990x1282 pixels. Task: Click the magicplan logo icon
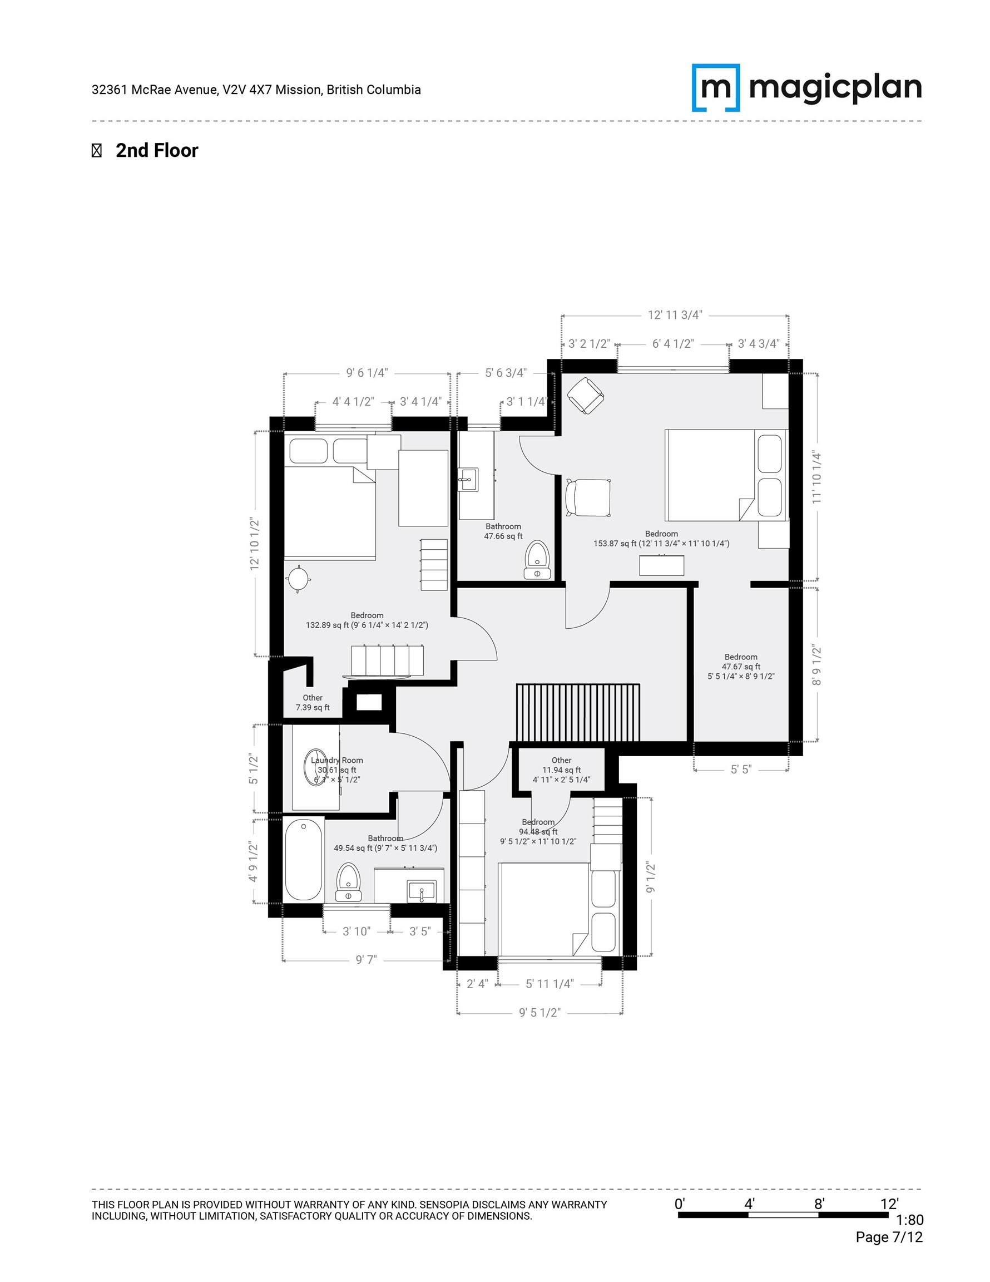(715, 87)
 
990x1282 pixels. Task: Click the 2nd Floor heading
(157, 151)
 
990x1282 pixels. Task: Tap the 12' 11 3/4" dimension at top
(674, 315)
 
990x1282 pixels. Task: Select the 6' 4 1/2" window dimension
(672, 344)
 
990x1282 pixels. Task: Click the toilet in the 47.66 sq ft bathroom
(537, 560)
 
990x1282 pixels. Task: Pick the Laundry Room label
(337, 761)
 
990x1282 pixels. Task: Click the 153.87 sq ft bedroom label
(661, 539)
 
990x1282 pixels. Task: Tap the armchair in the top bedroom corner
(585, 395)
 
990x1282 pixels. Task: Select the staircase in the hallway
(577, 712)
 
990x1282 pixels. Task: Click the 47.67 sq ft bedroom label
(741, 666)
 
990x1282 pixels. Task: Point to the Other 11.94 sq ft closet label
(561, 770)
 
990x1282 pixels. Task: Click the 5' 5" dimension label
(741, 770)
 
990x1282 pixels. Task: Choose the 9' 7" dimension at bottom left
(366, 960)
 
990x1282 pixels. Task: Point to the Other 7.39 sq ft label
(312, 703)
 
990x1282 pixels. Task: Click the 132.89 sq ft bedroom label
(367, 620)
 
